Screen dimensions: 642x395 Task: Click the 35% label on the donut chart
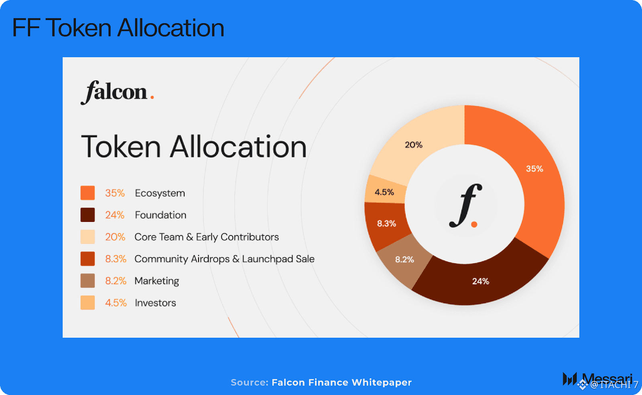click(534, 169)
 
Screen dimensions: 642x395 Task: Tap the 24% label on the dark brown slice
click(481, 281)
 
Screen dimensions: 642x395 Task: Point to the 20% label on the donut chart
click(414, 145)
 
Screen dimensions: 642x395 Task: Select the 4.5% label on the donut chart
click(384, 192)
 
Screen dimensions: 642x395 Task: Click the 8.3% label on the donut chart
click(387, 224)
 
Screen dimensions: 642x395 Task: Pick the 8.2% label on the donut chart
click(405, 260)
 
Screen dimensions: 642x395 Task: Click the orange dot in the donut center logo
click(474, 224)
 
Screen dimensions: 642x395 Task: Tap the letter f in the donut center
click(465, 206)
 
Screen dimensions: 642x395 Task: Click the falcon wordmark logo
click(117, 93)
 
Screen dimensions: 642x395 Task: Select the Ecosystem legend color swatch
click(88, 193)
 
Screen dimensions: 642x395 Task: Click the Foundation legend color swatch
click(88, 215)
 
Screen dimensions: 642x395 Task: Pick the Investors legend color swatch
click(88, 302)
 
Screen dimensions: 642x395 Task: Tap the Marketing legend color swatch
click(88, 280)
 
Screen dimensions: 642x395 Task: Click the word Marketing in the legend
click(157, 281)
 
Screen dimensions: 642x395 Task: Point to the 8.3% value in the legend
click(116, 259)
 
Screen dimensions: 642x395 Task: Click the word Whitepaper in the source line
click(382, 383)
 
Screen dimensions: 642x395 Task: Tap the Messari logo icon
click(570, 379)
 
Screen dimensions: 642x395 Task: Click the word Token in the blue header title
click(78, 28)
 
